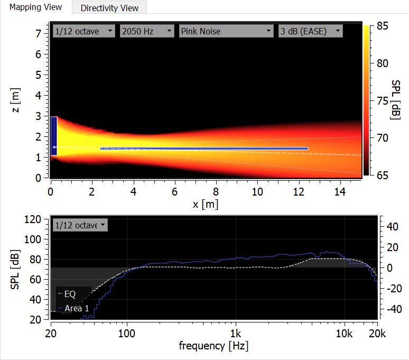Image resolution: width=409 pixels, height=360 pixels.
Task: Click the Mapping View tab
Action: (35, 7)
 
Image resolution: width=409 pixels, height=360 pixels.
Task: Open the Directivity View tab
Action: (109, 8)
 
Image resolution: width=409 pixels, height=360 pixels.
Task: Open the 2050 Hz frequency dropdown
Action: (147, 31)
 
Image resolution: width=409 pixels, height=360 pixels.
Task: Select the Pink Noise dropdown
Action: (226, 31)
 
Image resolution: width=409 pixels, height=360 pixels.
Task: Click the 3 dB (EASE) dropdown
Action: (310, 31)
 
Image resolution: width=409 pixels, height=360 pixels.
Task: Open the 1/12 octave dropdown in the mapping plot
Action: (83, 31)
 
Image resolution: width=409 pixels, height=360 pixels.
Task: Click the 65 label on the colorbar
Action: (382, 174)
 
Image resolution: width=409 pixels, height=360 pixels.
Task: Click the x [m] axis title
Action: (206, 204)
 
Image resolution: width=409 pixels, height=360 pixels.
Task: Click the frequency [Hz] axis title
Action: (213, 346)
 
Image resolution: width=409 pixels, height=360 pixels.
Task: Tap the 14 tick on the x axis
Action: (340, 190)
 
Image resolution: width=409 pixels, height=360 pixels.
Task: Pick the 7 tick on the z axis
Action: (38, 34)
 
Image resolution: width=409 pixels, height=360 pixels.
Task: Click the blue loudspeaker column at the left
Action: (53, 136)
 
